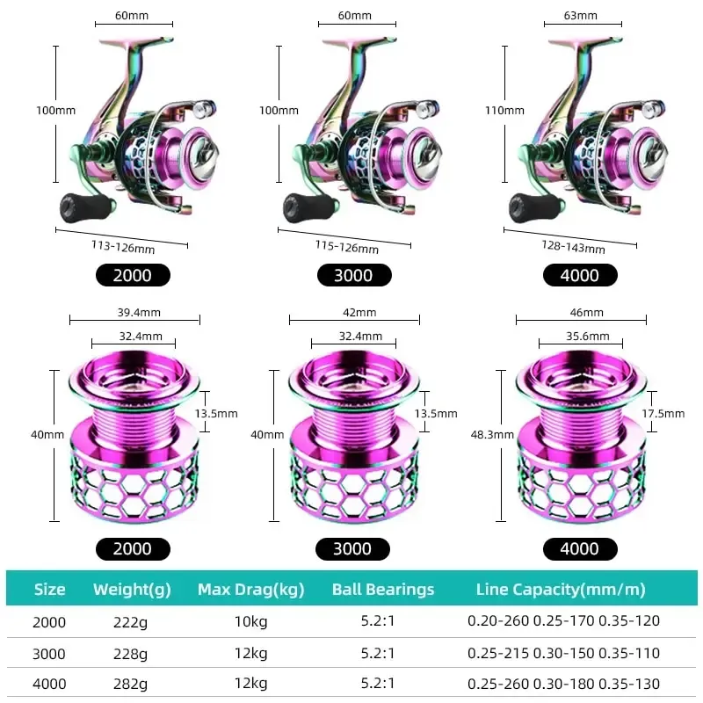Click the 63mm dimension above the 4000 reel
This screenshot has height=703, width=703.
(x=581, y=16)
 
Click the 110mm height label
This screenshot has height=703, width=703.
(x=505, y=111)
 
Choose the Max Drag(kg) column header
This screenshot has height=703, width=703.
(x=250, y=590)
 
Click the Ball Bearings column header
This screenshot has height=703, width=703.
(x=383, y=590)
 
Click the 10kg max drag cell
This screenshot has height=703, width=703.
(x=251, y=621)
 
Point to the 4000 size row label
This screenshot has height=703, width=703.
(x=49, y=684)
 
